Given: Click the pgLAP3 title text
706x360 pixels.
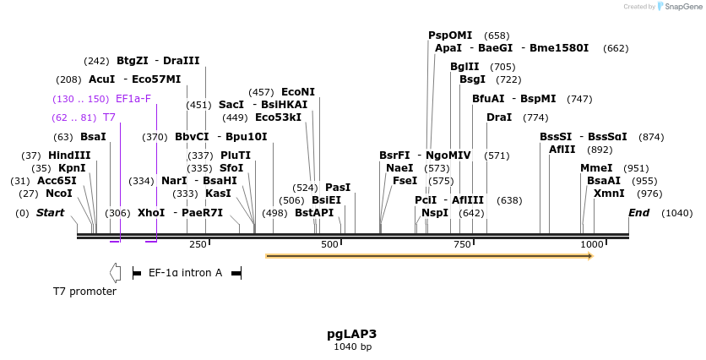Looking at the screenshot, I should click(352, 334).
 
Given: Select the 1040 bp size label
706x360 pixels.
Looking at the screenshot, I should click(352, 347).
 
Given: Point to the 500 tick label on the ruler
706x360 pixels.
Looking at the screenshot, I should click(330, 244).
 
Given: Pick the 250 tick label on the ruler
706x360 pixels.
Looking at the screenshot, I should click(198, 244).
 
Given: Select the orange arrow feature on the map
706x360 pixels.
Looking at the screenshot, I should click(429, 255).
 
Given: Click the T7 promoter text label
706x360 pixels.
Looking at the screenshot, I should click(84, 292).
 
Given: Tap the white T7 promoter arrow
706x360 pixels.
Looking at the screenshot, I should click(115, 273).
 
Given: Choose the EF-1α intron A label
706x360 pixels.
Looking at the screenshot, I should click(185, 273).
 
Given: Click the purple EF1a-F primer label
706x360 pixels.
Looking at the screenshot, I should click(133, 99).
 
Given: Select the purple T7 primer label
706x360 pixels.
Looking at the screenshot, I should click(109, 117).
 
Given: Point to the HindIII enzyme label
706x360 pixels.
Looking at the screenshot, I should click(69, 155).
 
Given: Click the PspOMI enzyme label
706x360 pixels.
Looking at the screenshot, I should click(450, 35).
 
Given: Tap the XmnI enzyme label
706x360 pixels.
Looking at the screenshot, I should click(609, 194).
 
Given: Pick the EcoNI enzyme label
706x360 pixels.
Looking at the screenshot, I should click(298, 92).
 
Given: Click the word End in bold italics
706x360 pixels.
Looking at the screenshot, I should click(638, 213).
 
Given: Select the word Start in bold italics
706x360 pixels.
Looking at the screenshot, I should click(50, 213).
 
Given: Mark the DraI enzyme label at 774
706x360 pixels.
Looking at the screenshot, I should click(499, 117).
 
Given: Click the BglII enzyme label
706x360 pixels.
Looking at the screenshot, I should click(464, 67).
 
